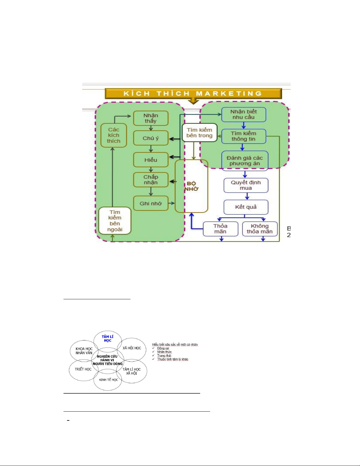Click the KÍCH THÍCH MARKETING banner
[x=193, y=93]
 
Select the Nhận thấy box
[x=151, y=118]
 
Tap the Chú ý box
[x=151, y=138]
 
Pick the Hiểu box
[x=151, y=160]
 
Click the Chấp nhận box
[x=151, y=180]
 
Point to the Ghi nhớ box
[x=151, y=203]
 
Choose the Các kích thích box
[x=114, y=135]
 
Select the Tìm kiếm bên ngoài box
[x=115, y=221]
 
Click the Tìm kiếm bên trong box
[x=200, y=133]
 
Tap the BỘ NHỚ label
[x=192, y=186]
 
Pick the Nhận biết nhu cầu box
[x=244, y=114]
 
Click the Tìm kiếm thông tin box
[x=244, y=136]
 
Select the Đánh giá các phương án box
[x=245, y=161]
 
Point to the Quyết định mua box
[x=246, y=185]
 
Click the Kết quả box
[x=246, y=207]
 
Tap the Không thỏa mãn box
[x=260, y=229]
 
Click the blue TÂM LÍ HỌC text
[x=108, y=339]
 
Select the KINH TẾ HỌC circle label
[x=108, y=380]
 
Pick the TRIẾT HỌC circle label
[x=83, y=369]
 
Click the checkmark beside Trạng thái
[x=153, y=355]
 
